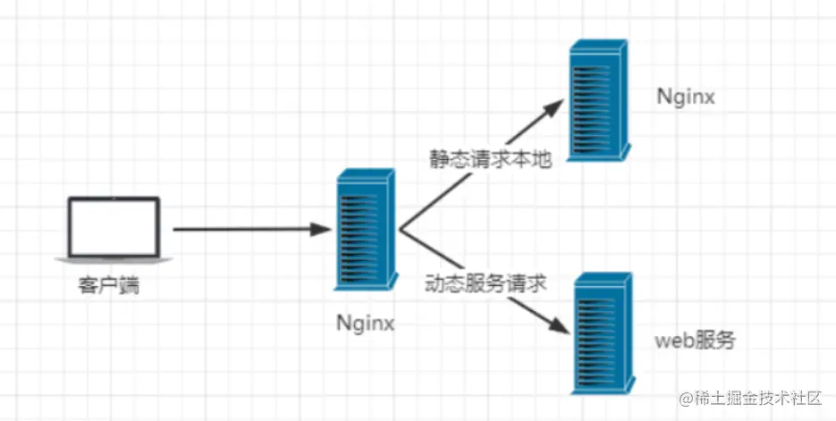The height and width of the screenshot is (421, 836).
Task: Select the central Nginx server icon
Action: point(362,231)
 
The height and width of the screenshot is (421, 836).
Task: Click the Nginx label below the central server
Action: point(366,322)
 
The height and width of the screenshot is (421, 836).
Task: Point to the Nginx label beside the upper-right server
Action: point(686,97)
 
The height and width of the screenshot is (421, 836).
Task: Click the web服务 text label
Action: point(696,341)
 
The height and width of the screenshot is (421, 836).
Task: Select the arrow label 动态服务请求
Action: point(486,284)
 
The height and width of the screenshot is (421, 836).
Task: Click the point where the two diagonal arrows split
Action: point(400,230)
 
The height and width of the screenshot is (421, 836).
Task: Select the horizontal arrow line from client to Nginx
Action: point(241,230)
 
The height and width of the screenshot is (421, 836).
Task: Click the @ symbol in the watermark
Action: point(686,396)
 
